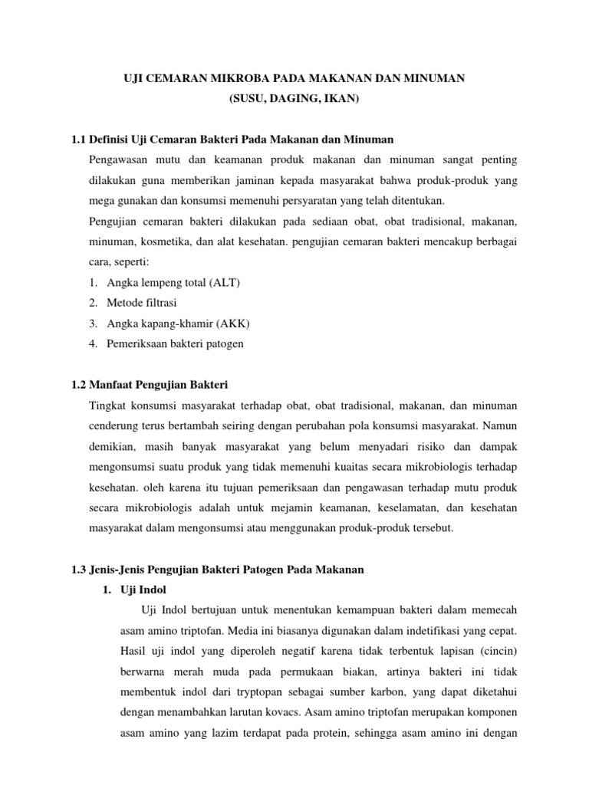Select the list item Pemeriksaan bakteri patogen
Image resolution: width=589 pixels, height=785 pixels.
pos(176,343)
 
